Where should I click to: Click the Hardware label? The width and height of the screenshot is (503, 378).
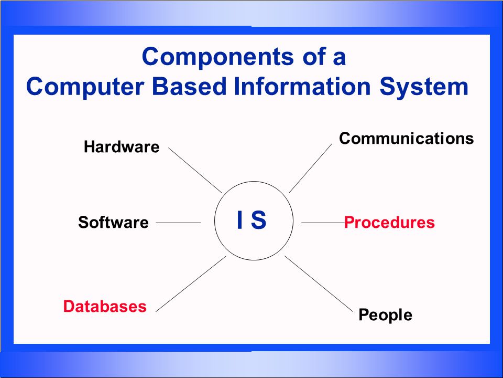[121, 147]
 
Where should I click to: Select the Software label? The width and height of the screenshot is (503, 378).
[113, 223]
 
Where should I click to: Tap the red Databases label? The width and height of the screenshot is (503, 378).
[105, 306]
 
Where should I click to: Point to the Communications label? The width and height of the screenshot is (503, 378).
[406, 139]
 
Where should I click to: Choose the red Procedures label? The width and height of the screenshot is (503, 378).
[389, 223]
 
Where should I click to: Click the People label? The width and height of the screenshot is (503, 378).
[385, 315]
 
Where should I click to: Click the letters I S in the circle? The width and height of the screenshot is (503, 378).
[252, 221]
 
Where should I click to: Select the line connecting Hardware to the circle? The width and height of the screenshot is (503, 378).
[195, 170]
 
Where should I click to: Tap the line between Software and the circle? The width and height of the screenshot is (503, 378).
[178, 223]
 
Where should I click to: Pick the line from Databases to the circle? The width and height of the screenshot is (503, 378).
[191, 283]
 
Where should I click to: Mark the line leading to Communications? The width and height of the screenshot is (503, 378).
[310, 168]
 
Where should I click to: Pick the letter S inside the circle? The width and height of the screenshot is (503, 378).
[258, 221]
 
